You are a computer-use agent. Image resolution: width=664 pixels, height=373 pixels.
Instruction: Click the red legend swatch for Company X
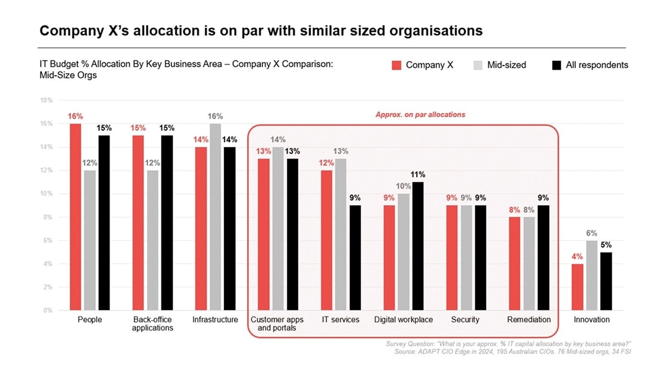[396, 65]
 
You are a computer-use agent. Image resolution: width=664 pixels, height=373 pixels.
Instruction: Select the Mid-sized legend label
[506, 65]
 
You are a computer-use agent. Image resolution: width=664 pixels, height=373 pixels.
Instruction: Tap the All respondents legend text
[597, 65]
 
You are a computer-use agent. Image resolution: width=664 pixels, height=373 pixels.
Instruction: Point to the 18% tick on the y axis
[46, 101]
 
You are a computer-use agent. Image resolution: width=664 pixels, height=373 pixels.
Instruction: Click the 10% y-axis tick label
[46, 194]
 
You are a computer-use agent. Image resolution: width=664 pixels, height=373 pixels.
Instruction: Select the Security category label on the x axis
[465, 319]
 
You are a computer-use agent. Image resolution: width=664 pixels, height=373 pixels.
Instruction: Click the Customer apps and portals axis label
[277, 324]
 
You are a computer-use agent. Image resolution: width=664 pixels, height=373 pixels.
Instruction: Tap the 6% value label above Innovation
[591, 233]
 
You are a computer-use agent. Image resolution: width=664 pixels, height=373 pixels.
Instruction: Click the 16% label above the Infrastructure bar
[215, 117]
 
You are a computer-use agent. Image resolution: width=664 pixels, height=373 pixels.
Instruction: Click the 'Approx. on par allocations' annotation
[420, 114]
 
